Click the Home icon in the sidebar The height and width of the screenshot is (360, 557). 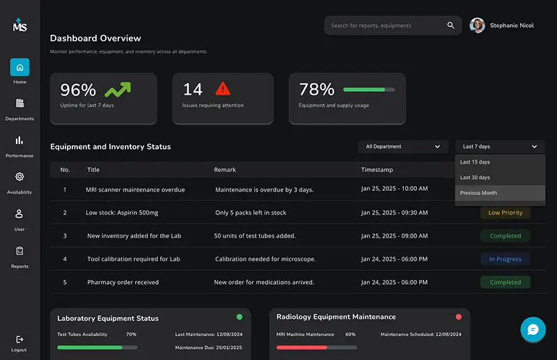pos(19,68)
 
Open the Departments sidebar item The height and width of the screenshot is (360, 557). pos(19,104)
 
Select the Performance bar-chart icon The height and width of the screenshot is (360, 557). pos(19,141)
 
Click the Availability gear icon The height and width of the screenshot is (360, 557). pos(19,177)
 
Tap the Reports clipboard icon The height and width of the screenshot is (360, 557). pos(19,251)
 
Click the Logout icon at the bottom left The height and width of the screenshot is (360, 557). pos(19,339)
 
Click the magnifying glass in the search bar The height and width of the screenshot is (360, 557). pos(450,26)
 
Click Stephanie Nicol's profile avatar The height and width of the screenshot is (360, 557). pos(477,26)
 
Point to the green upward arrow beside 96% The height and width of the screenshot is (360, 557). pos(118,89)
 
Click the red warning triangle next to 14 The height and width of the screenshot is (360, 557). pos(222,88)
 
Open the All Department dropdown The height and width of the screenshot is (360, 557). pos(404,147)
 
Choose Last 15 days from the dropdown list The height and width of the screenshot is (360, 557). pos(475,162)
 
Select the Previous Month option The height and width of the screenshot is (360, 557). pos(478,193)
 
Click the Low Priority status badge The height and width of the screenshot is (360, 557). pos(505,213)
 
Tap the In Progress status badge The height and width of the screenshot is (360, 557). pos(505,259)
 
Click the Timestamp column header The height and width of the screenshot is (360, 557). pos(377,170)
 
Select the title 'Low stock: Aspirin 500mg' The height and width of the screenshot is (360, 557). pos(122,213)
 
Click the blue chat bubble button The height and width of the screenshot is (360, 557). pos(533,329)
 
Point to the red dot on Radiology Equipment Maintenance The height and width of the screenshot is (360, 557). pos(458,317)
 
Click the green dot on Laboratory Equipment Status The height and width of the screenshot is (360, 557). pos(240,317)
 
